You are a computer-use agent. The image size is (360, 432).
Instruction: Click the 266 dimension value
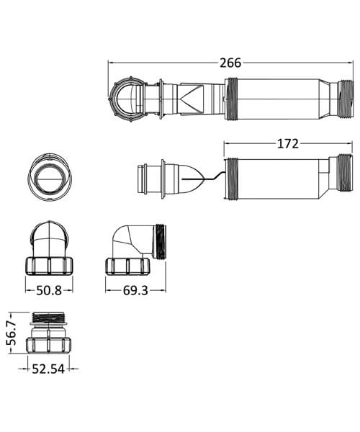tap(230, 63)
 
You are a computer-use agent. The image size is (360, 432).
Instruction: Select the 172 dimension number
tap(287, 143)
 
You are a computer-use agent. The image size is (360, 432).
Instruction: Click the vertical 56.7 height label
tap(11, 328)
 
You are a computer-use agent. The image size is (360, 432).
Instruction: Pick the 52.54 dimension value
tap(50, 369)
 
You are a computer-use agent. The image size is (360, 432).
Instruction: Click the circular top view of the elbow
tap(48, 175)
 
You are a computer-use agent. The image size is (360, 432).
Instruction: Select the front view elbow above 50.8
tap(48, 248)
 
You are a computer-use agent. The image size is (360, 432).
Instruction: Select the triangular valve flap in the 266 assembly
tap(193, 99)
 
